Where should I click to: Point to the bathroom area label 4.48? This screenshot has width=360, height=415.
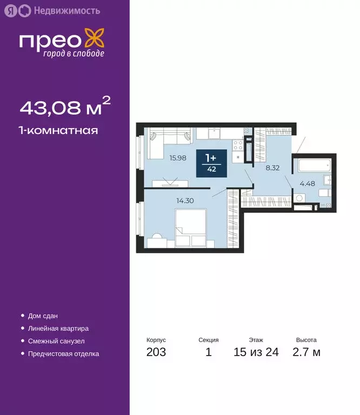pyautogui.click(x=307, y=182)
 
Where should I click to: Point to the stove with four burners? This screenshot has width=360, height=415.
pyautogui.click(x=238, y=144)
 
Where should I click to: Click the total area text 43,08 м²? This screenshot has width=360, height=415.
pyautogui.click(x=65, y=108)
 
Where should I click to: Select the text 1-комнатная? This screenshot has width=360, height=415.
pyautogui.click(x=58, y=130)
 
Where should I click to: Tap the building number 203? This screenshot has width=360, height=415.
pyautogui.click(x=156, y=352)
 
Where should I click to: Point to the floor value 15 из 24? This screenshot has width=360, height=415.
pyautogui.click(x=256, y=352)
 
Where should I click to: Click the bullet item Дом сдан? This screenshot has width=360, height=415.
pyautogui.click(x=42, y=316)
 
